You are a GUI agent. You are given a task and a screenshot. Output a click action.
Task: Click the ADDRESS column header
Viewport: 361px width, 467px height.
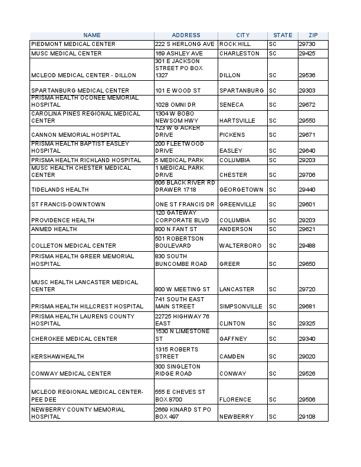186,35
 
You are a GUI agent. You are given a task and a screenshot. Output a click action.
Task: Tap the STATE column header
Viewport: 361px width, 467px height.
283,35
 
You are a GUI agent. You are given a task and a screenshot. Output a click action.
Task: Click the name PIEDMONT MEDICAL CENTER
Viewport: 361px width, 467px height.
73,44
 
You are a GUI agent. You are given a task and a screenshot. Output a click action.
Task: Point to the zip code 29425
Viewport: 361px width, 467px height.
307,54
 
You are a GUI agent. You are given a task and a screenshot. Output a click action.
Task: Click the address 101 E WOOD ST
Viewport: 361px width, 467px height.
178,91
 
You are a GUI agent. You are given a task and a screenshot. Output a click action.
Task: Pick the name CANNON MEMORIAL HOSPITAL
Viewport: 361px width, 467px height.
76,135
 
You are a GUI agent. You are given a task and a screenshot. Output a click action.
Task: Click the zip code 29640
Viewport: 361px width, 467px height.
307,151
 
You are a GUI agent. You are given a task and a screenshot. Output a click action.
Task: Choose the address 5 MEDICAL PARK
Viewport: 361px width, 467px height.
179,160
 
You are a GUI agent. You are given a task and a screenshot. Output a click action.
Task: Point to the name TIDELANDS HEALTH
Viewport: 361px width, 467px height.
60,190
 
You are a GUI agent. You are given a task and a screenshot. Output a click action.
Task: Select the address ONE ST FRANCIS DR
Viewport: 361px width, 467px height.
185,205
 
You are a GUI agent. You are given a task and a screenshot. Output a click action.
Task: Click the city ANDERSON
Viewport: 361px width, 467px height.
235,229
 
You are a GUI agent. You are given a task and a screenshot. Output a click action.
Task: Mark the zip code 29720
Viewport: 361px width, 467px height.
307,290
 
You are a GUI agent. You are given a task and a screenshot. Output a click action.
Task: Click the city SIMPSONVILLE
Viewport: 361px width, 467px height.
241,307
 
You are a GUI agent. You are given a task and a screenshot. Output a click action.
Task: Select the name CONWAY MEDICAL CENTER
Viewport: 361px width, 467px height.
71,374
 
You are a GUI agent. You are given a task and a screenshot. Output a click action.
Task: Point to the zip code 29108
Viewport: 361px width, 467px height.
307,417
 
